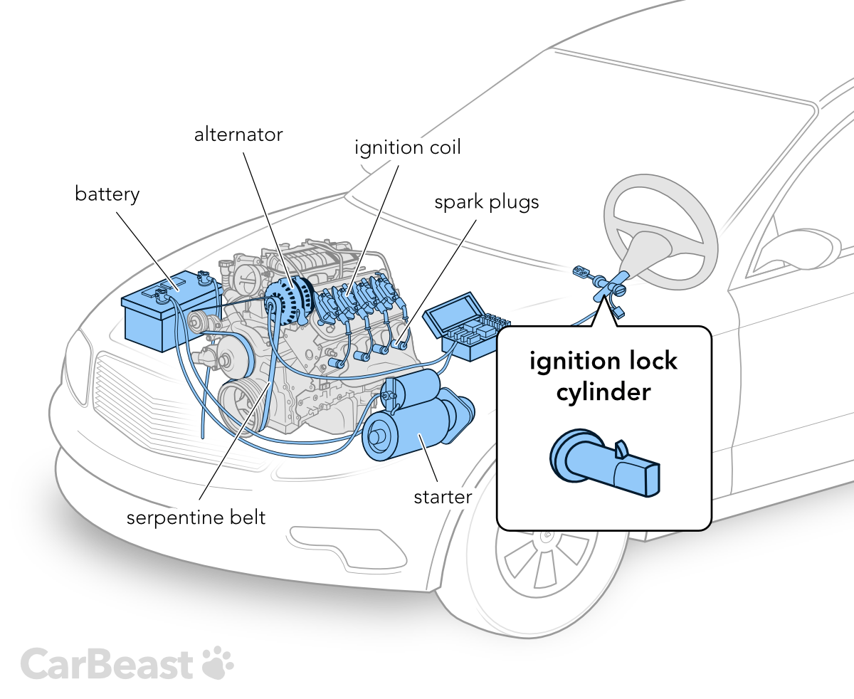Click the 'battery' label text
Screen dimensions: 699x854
click(x=107, y=194)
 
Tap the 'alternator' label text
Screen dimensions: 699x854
click(x=238, y=134)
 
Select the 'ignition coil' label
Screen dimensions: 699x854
click(x=408, y=148)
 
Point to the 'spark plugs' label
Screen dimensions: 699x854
click(x=487, y=202)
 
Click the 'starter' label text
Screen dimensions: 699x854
click(x=443, y=496)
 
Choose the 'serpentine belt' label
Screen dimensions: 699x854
click(x=196, y=517)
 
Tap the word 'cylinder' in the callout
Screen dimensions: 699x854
click(x=603, y=391)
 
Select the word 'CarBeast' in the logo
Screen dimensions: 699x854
click(x=107, y=663)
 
